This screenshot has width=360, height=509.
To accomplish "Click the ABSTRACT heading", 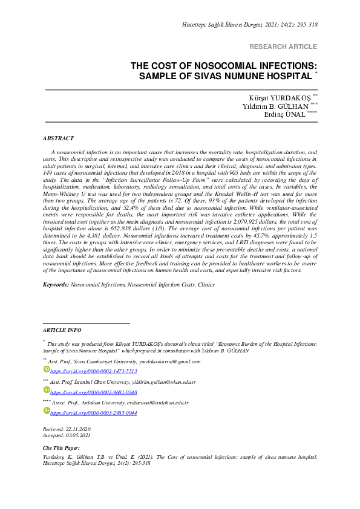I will (x=59, y=138).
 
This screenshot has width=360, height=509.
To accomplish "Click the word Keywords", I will (x=56, y=284).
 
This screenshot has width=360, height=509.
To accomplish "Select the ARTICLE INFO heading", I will (x=62, y=330).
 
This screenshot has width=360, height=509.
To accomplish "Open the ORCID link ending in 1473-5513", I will (x=93, y=371).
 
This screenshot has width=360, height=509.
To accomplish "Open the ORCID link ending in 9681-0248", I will (x=93, y=392).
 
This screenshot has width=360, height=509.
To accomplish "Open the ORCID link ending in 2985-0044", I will (x=93, y=413).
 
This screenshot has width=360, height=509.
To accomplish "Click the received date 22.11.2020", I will (x=79, y=429).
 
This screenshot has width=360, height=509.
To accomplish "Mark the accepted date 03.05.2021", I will (x=79, y=435).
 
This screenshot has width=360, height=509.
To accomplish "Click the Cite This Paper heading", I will (x=61, y=449).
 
